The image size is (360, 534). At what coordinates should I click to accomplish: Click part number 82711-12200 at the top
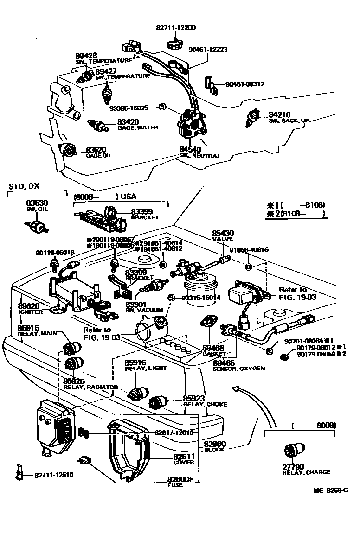175,28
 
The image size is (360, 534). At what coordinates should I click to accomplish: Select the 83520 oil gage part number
96,150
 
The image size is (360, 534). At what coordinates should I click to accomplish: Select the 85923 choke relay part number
193,398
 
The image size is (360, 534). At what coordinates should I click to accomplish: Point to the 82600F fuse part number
180,479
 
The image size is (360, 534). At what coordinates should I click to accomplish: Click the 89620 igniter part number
29,306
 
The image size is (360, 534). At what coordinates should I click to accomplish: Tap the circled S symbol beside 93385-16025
162,107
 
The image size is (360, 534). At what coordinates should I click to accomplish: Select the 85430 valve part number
223,233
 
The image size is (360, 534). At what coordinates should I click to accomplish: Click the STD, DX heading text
24,186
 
